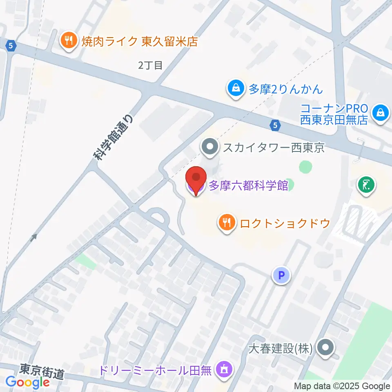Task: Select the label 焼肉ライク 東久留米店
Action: pyautogui.click(x=139, y=41)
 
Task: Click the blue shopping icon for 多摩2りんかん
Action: pyautogui.click(x=236, y=88)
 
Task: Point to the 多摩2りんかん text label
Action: pyautogui.click(x=286, y=89)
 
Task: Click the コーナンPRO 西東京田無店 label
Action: pyautogui.click(x=334, y=115)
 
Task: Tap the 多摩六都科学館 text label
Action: pyautogui.click(x=248, y=186)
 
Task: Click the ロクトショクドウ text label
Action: pyautogui.click(x=285, y=223)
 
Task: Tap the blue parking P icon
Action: pyautogui.click(x=281, y=276)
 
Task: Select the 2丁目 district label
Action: pyautogui.click(x=150, y=65)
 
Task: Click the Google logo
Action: pyautogui.click(x=28, y=382)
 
